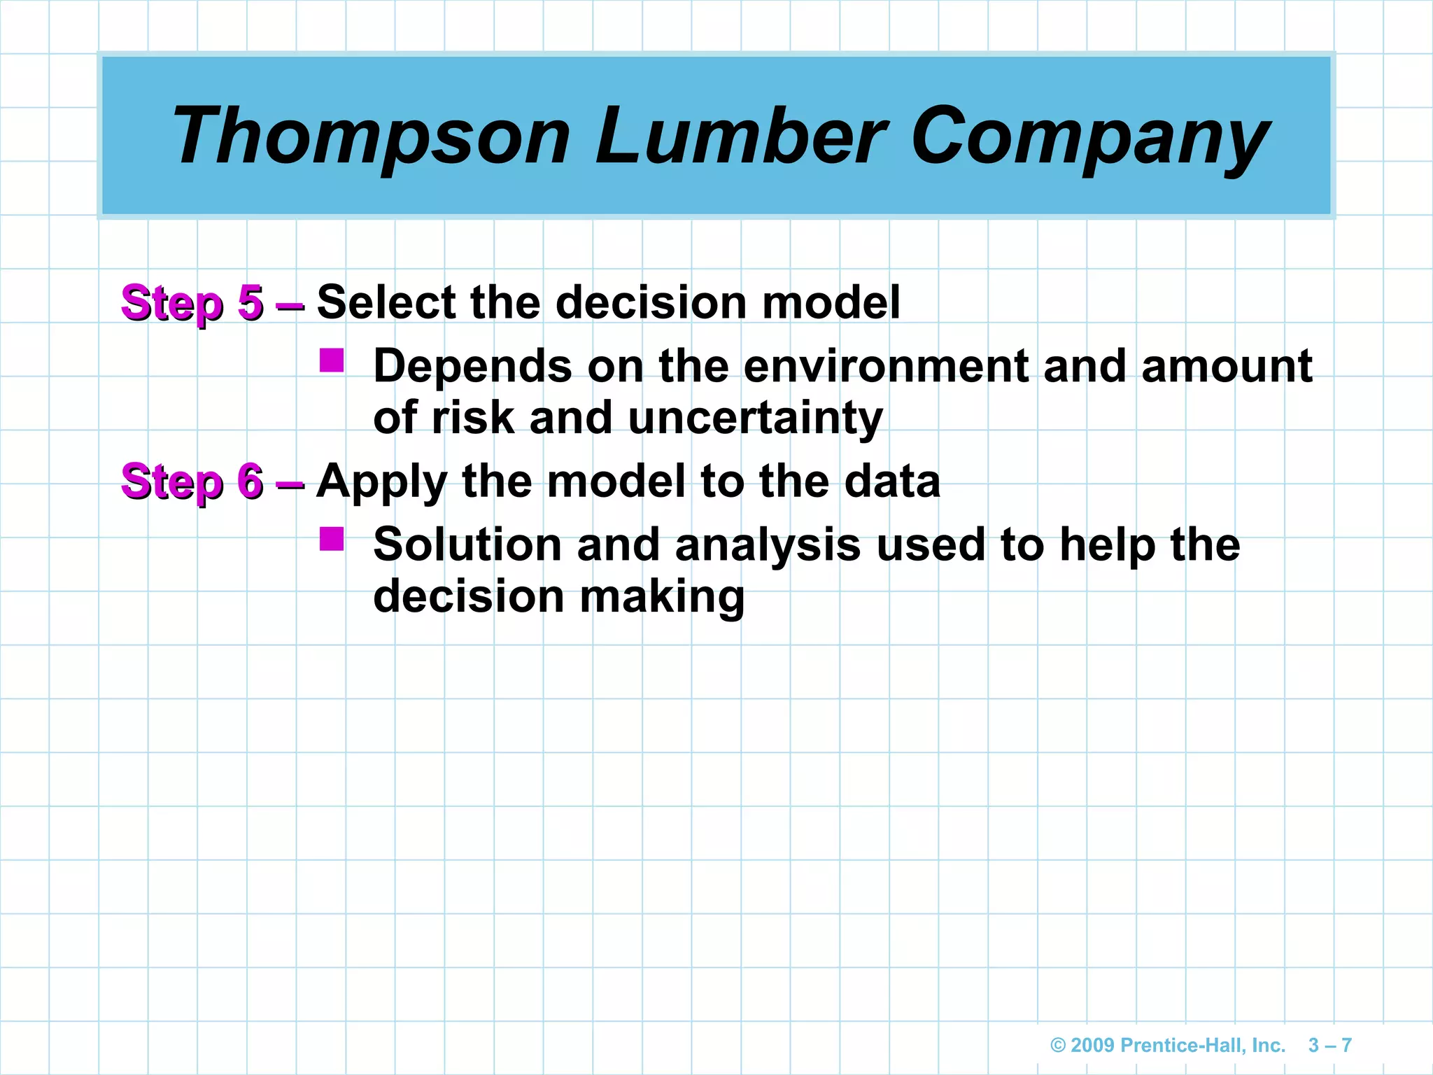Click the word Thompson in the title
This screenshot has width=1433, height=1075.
coord(372,136)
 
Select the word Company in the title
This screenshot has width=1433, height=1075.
coord(1089,136)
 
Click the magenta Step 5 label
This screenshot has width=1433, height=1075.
coord(192,303)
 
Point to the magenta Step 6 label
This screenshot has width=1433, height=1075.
coord(192,482)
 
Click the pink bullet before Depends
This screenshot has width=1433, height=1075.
coord(332,360)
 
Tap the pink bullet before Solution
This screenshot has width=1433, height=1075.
coord(332,539)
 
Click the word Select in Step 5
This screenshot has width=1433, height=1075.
coord(386,302)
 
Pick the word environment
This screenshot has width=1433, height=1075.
coord(885,366)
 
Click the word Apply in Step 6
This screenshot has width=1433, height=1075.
coord(382,482)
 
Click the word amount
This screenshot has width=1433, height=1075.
coord(1226,366)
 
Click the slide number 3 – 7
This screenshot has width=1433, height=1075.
coord(1329,1045)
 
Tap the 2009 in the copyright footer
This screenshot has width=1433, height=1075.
coord(1092,1045)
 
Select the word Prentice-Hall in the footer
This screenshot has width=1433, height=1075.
coord(1183,1045)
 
